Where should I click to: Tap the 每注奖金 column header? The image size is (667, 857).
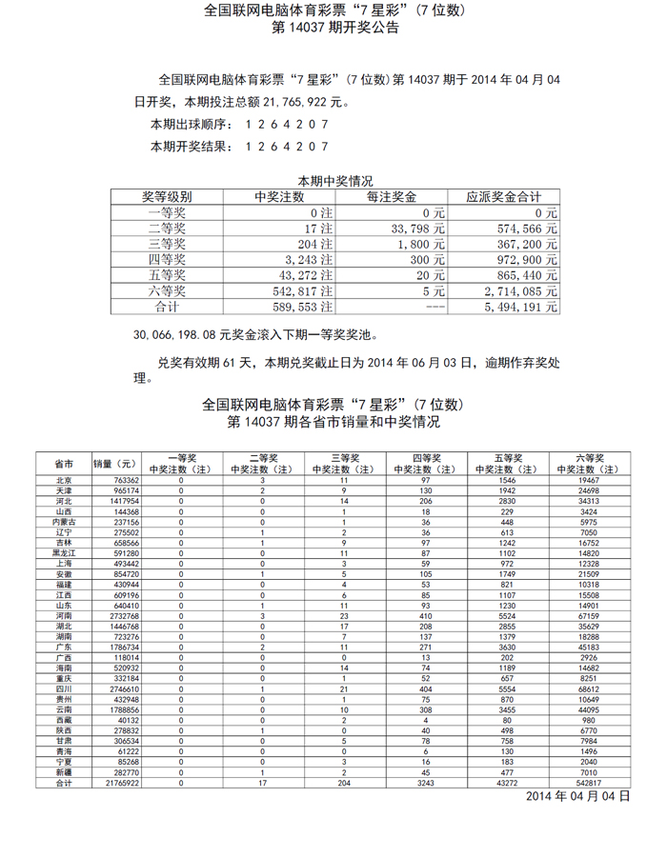coord(391,197)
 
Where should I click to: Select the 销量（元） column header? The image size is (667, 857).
coord(116,464)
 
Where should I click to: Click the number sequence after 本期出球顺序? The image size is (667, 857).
coord(287,125)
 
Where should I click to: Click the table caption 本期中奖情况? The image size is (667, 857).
coord(333,181)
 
